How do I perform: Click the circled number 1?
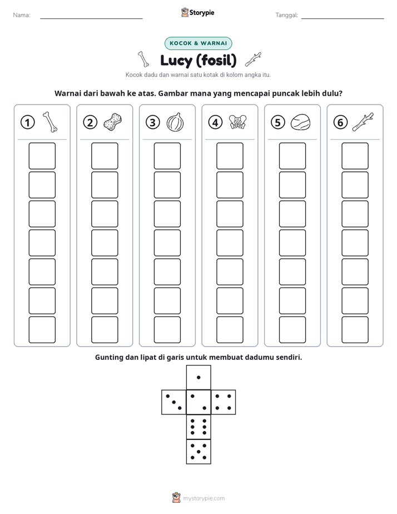click(x=27, y=122)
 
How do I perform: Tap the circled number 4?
click(x=215, y=122)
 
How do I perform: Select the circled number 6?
click(x=340, y=122)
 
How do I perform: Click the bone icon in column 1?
click(x=50, y=122)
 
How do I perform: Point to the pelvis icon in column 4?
click(x=237, y=122)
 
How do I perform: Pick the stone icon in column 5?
click(x=300, y=122)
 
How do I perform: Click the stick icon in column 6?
click(x=363, y=122)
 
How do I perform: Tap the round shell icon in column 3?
click(x=175, y=122)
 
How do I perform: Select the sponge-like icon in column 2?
click(x=113, y=122)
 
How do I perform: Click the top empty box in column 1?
click(x=42, y=156)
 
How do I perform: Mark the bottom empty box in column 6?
click(x=355, y=330)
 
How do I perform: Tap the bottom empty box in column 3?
click(x=167, y=330)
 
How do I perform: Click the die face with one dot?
click(x=198, y=377)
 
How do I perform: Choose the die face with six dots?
click(x=198, y=427)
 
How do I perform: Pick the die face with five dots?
click(x=198, y=451)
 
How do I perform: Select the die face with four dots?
click(x=224, y=402)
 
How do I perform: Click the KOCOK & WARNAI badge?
click(x=198, y=43)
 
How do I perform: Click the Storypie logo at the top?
click(x=197, y=12)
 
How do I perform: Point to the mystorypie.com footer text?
click(x=204, y=498)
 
